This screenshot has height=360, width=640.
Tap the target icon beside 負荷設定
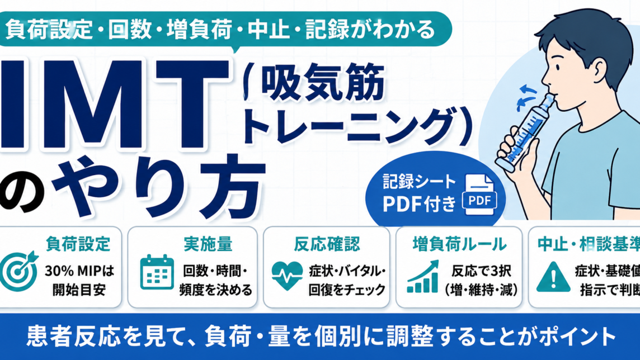(18, 271)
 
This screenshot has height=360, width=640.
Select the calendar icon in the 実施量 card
(157, 272)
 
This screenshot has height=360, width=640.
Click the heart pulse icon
(287, 276)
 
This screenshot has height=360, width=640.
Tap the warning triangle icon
(553, 277)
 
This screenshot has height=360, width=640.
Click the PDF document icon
(479, 195)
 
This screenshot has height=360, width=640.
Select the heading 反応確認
(327, 244)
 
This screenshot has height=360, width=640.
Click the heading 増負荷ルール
(459, 244)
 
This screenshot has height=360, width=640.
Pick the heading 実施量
(208, 244)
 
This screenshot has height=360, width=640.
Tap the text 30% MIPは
(79, 271)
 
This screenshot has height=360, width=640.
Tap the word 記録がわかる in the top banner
(370, 30)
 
